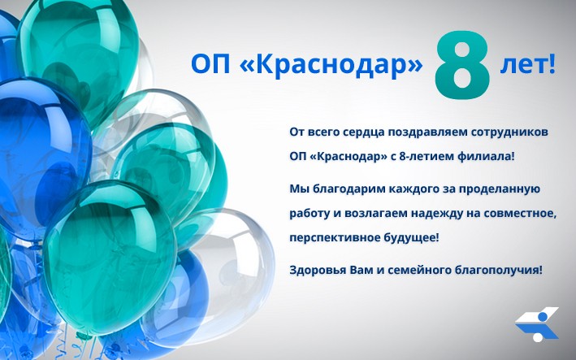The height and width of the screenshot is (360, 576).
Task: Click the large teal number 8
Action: [462, 65]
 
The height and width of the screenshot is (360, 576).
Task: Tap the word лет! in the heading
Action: [528, 65]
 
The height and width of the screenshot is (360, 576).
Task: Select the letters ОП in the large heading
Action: [210, 65]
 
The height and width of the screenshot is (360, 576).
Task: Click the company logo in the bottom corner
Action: [537, 324]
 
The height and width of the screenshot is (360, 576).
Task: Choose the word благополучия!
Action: [499, 271]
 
